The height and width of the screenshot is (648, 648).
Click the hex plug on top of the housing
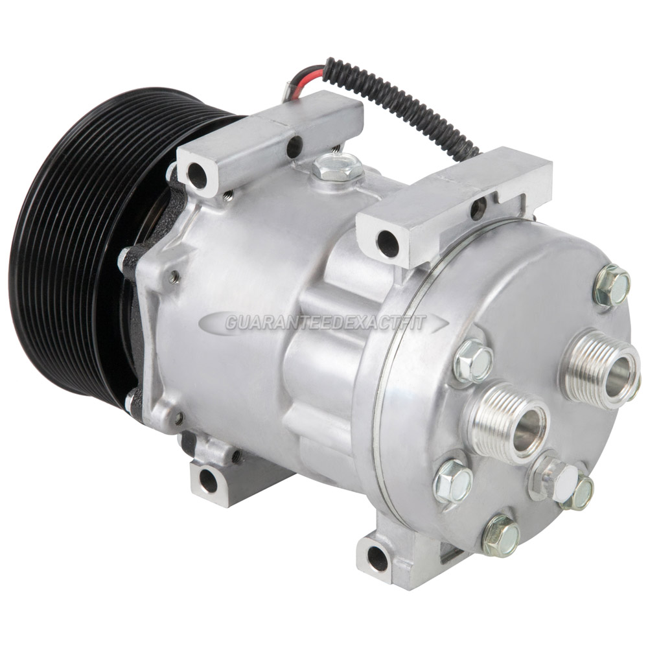(338, 167)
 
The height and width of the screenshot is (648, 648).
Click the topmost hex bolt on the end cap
(612, 285)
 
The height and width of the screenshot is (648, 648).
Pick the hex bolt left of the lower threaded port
(452, 481)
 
